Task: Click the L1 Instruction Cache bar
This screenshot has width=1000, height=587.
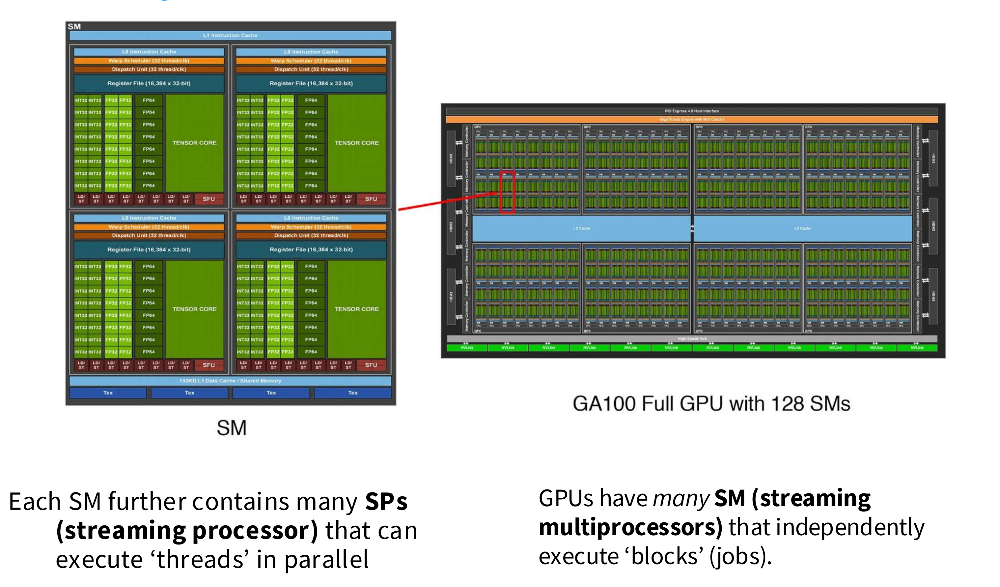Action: click(230, 35)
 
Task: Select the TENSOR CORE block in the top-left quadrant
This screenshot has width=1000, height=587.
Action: click(194, 143)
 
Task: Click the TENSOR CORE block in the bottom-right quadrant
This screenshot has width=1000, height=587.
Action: click(357, 309)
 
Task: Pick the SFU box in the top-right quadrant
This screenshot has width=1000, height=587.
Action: click(371, 199)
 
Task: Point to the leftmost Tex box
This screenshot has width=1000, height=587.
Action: click(108, 393)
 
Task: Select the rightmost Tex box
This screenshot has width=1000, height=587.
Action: click(353, 393)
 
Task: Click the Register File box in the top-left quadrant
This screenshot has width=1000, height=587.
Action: click(149, 83)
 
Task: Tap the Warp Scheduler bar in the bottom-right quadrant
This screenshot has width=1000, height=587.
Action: click(311, 227)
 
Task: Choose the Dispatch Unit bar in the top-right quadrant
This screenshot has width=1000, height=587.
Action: click(311, 69)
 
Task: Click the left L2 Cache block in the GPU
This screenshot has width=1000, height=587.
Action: click(581, 228)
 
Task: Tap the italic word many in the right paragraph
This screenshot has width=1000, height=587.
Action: click(681, 498)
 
